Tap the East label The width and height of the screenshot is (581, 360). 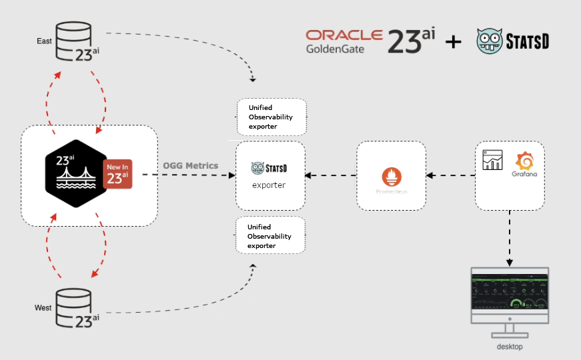pos(44,41)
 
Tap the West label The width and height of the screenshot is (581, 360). pos(43,307)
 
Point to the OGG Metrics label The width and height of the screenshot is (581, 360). pos(191,165)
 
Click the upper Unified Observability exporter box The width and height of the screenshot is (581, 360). pos(271,117)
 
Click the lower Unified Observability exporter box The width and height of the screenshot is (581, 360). pos(270,235)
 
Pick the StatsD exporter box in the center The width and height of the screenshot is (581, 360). pos(270,175)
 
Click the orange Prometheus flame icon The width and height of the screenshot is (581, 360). pos(392,177)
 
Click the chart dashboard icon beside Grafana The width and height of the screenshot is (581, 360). pos(492,160)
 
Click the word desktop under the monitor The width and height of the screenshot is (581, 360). pos(509,347)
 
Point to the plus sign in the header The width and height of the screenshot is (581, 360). pos(454,42)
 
